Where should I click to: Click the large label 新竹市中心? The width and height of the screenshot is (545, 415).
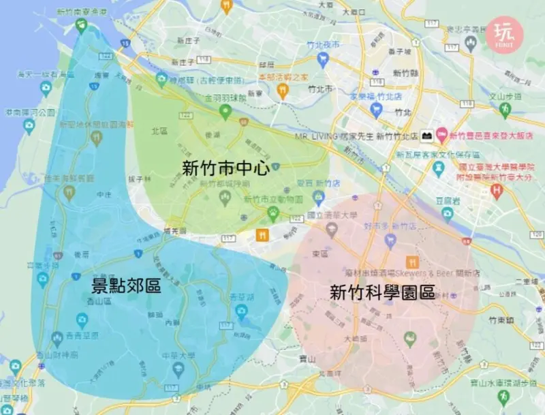[x=225, y=169]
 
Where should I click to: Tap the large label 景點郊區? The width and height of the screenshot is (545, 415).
[x=126, y=286]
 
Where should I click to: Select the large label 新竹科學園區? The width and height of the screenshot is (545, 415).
[x=382, y=293]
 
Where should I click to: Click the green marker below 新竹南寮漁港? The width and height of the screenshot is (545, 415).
[x=81, y=25]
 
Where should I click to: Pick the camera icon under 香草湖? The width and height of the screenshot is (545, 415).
[x=240, y=312]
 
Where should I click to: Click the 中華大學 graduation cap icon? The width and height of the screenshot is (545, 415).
[x=178, y=369]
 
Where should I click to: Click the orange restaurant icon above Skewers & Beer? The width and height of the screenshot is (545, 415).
[x=411, y=262]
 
